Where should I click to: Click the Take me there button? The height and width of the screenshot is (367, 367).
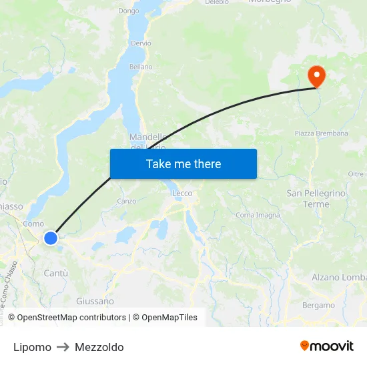pyautogui.click(x=183, y=163)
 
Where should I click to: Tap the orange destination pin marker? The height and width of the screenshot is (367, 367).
pyautogui.click(x=316, y=76)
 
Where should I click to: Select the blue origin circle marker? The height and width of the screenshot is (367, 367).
pyautogui.click(x=51, y=238)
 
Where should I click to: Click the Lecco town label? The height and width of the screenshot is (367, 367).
pyautogui.click(x=182, y=194)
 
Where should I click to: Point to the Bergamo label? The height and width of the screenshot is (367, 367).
pyautogui.click(x=318, y=305)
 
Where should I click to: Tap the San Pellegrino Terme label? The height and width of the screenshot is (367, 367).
pyautogui.click(x=316, y=198)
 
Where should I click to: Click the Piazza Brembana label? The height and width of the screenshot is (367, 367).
pyautogui.click(x=322, y=133)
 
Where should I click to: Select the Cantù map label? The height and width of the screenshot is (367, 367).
pyautogui.click(x=55, y=273)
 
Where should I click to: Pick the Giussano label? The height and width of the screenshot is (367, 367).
pyautogui.click(x=95, y=301)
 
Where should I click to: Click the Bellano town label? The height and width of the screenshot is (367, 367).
pyautogui.click(x=141, y=67)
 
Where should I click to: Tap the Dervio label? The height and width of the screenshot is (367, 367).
pyautogui.click(x=141, y=43)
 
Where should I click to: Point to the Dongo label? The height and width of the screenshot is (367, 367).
pyautogui.click(x=128, y=11)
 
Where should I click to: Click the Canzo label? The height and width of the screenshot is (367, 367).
pyautogui.click(x=126, y=201)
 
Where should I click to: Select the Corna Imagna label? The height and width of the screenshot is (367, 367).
pyautogui.click(x=258, y=215)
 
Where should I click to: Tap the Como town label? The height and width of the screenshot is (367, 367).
pyautogui.click(x=33, y=224)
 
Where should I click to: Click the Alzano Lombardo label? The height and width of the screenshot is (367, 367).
pyautogui.click(x=339, y=277)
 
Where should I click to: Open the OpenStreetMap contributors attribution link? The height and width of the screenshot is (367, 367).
pyautogui.click(x=71, y=318)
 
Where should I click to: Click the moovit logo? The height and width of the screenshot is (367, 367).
pyautogui.click(x=326, y=346)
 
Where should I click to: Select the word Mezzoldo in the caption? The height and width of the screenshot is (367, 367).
pyautogui.click(x=99, y=347)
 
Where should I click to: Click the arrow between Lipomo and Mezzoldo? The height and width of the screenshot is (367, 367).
pyautogui.click(x=63, y=347)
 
